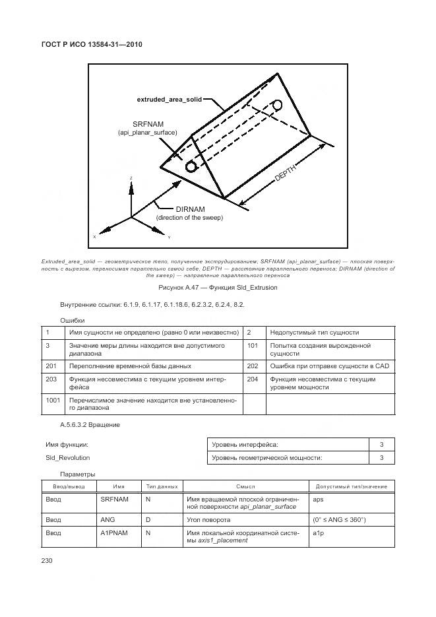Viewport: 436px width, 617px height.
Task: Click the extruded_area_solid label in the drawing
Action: point(169,100)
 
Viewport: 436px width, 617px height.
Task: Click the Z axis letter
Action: point(131,179)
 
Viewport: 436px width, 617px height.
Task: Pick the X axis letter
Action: point(94,236)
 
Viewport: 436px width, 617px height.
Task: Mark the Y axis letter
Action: point(169,237)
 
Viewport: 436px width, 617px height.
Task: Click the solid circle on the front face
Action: point(192,166)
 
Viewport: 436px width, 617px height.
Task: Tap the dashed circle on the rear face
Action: point(277,105)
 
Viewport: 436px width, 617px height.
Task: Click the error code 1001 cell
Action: point(53,400)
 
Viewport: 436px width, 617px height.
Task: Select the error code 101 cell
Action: point(253,345)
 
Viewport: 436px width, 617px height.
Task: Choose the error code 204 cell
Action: point(253,379)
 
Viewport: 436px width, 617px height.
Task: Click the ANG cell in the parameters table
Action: point(108,520)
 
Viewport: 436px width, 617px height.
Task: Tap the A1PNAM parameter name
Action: point(113,532)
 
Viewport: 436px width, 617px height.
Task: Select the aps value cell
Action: point(318,500)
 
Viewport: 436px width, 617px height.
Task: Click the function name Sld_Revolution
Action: point(68,457)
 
